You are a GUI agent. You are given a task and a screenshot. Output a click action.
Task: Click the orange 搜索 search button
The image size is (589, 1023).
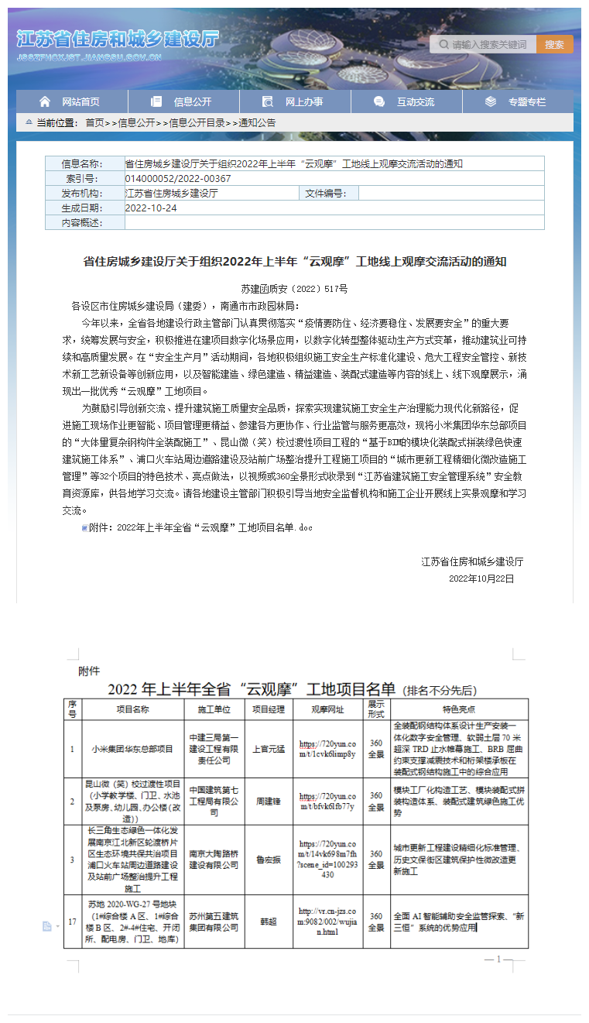554,45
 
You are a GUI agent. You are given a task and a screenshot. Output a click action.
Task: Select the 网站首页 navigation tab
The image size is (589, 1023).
72,101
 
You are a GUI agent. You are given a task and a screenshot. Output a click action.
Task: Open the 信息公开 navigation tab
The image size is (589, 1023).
183,101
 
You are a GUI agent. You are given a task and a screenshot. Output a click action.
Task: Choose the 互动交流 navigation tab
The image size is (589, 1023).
406,101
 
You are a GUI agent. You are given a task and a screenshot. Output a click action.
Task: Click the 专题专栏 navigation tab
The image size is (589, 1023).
518,101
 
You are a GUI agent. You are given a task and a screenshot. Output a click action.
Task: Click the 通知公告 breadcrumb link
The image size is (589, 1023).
257,123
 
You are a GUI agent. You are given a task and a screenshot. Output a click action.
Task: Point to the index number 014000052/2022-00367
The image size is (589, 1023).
178,179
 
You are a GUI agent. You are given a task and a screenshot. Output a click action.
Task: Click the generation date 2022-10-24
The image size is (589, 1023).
151,208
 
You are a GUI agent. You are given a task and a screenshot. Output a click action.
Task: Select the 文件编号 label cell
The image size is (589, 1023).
328,194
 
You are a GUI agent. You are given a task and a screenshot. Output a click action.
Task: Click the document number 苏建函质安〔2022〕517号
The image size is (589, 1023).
294,289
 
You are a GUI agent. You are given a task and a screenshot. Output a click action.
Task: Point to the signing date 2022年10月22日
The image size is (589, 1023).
481,578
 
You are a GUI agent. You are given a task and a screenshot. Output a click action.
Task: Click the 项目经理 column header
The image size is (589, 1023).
269,709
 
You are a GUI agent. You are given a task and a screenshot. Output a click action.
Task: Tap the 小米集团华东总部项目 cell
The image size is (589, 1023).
132,750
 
